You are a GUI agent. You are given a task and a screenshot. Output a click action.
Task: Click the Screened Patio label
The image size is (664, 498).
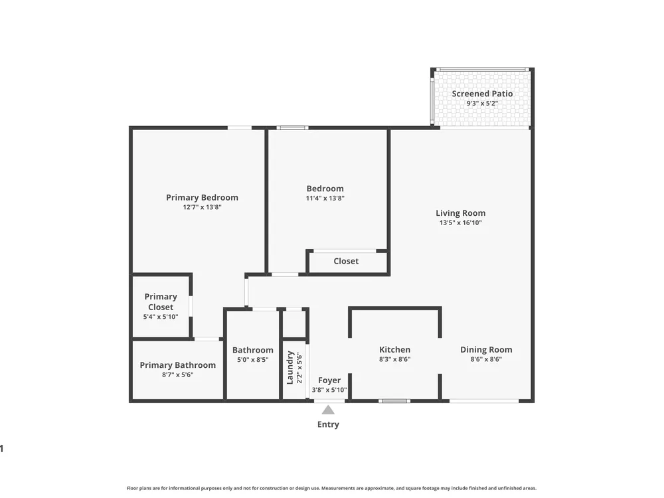pos(482,94)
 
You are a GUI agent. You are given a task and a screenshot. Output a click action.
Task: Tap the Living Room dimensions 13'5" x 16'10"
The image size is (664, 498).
pos(461,222)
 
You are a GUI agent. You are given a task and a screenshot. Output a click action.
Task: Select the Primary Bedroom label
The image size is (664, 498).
pos(202,197)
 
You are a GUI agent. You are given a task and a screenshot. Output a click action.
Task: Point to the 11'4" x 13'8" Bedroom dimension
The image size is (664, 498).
pos(325,198)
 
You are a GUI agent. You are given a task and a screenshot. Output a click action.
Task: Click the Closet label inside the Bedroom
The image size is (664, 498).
pos(346,261)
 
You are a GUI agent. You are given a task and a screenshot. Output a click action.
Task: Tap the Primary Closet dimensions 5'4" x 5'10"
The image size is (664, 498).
pos(161,317)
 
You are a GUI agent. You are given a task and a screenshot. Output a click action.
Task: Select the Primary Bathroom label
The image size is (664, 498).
pos(178,365)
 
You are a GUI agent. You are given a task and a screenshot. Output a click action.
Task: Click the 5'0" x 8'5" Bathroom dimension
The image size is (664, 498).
pos(253,360)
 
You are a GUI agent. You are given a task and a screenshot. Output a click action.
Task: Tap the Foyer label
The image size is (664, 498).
pos(329,380)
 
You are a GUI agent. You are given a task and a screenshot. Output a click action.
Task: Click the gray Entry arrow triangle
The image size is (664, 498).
pos(328,410)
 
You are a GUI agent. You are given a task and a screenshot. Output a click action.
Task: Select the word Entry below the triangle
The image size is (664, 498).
pos(328,424)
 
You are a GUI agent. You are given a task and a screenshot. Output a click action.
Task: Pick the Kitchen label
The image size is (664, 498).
pos(394,349)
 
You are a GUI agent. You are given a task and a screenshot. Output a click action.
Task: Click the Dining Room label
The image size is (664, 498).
pos(486,349)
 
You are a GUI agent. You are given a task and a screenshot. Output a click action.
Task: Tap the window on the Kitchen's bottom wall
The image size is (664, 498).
pos(394,400)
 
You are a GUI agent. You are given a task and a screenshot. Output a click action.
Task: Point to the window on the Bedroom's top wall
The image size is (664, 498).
pos(293,127)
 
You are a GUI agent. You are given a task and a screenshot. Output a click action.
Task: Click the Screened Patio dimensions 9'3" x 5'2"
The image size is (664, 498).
pos(482,104)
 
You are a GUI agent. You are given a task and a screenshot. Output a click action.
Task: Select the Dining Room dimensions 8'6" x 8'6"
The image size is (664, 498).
pos(486,359)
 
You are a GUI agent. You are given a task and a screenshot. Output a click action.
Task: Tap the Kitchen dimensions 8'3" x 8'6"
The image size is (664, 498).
pos(394,359)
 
